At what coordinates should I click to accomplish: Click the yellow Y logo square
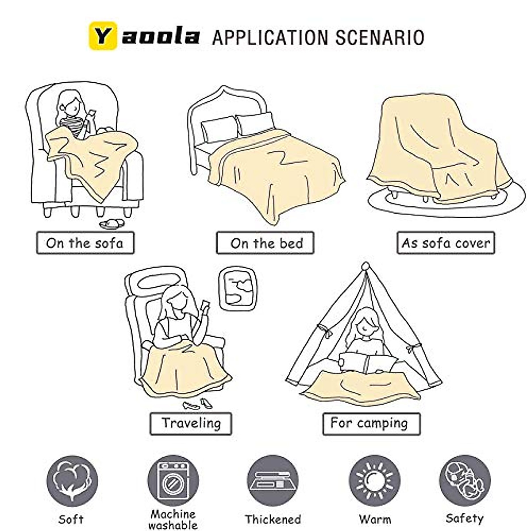pyautogui.click(x=103, y=36)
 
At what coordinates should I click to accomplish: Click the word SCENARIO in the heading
pyautogui.click(x=380, y=37)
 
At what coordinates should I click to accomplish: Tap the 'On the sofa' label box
pyautogui.click(x=85, y=243)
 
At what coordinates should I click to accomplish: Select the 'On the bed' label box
pyautogui.click(x=265, y=243)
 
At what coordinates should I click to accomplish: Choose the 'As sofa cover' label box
pyautogui.click(x=446, y=243)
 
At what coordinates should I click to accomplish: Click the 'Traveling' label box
pyautogui.click(x=191, y=423)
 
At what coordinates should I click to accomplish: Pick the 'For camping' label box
pyautogui.click(x=371, y=423)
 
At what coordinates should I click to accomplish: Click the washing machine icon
pyautogui.click(x=173, y=481)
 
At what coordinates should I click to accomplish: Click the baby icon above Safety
pyautogui.click(x=465, y=481)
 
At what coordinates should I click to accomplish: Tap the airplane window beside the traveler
pyautogui.click(x=238, y=288)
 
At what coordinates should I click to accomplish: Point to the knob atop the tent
pyautogui.click(x=366, y=267)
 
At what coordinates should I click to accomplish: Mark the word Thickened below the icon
pyautogui.click(x=273, y=519)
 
